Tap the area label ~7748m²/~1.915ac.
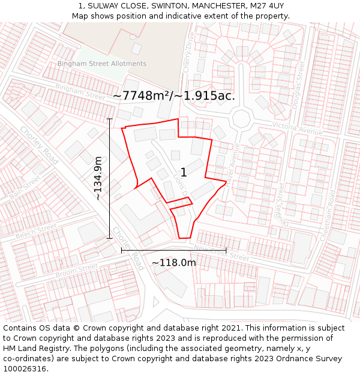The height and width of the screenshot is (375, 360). (173, 95)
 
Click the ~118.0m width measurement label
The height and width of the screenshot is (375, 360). (173, 263)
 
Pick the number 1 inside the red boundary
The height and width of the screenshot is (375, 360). (184, 173)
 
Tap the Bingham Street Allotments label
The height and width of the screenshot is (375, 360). (102, 64)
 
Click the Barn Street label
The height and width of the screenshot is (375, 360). (25, 187)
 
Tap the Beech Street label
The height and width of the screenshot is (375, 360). (36, 230)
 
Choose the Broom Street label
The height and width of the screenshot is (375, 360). (76, 270)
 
